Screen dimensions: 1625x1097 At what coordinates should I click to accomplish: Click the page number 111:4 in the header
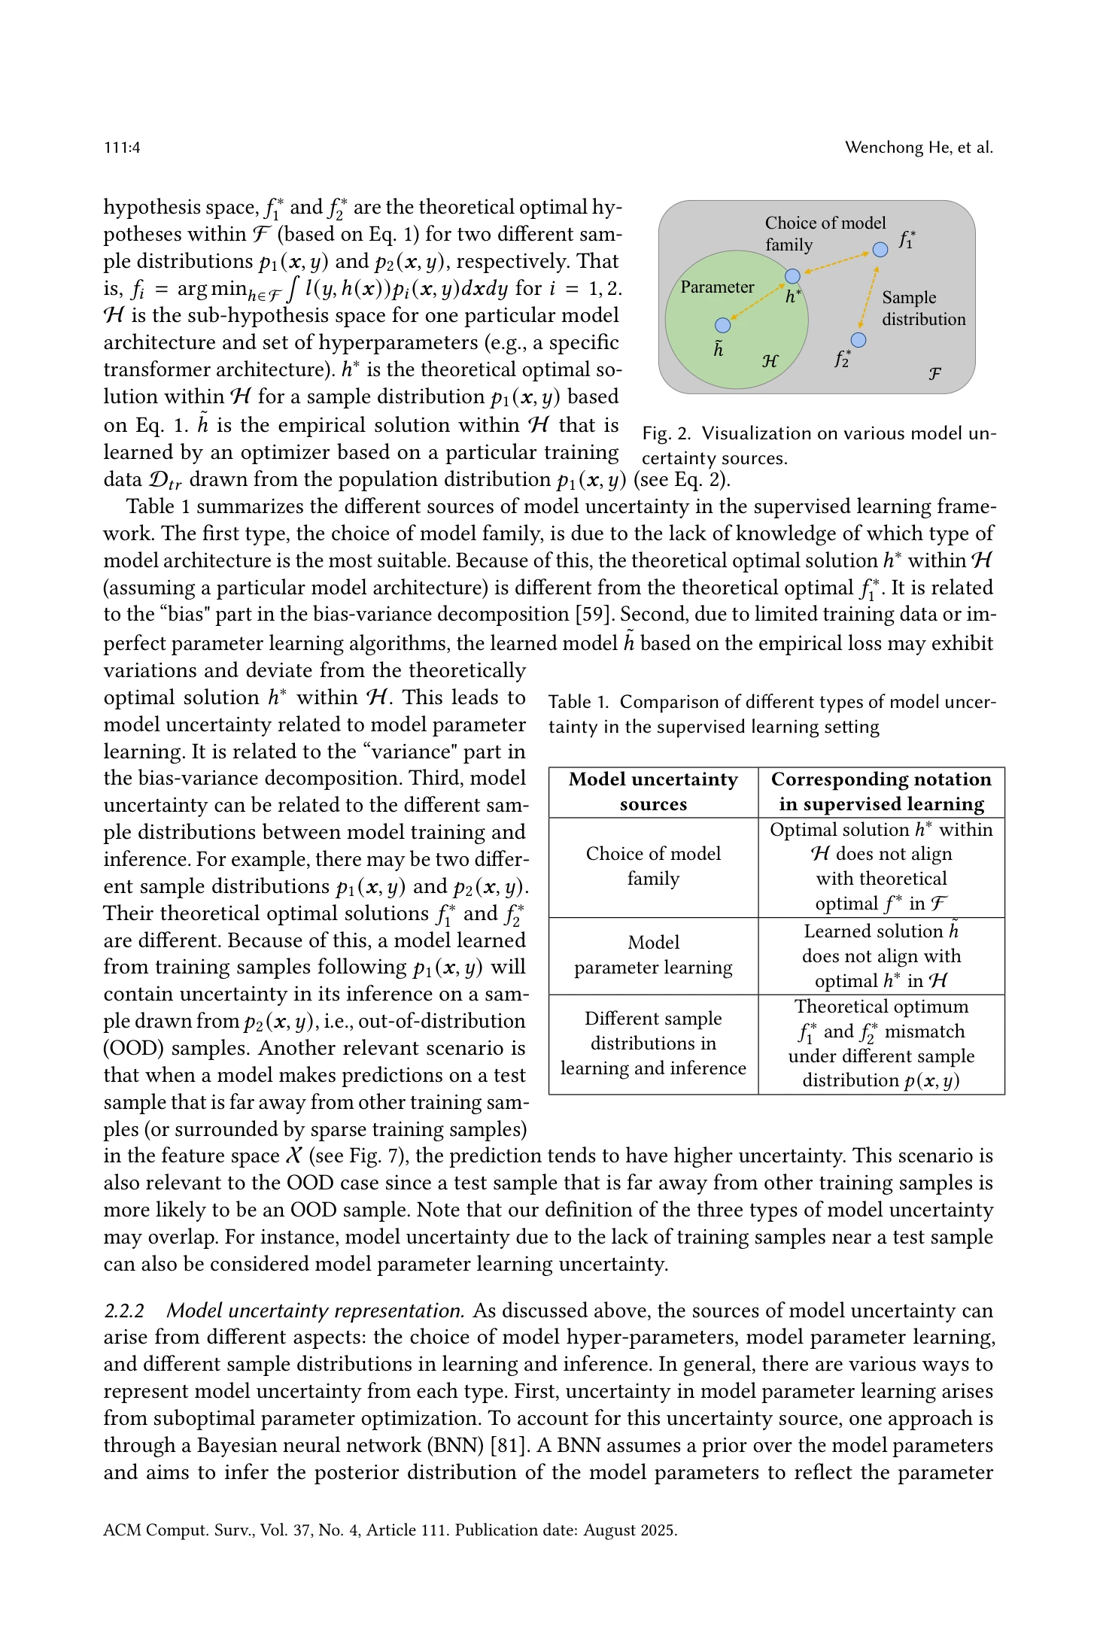[x=122, y=147]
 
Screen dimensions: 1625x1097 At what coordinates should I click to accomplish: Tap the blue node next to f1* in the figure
[x=880, y=249]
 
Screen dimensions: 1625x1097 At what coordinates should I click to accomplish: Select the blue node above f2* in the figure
[x=858, y=340]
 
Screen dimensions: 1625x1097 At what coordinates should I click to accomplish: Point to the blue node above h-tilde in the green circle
[x=722, y=325]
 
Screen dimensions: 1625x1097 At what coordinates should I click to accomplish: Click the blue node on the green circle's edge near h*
[x=792, y=276]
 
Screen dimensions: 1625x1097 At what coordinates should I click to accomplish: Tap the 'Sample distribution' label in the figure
[x=923, y=308]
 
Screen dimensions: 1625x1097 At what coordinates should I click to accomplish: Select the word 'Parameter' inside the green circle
[x=716, y=287]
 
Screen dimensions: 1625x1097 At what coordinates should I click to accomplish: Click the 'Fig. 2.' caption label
[x=666, y=434]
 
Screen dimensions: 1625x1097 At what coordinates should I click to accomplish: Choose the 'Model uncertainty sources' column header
[x=653, y=791]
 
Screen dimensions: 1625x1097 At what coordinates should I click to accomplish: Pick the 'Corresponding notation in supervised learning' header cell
[x=881, y=791]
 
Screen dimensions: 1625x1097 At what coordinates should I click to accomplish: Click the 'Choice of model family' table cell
[x=653, y=866]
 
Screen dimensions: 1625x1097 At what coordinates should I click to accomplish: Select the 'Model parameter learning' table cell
[x=653, y=955]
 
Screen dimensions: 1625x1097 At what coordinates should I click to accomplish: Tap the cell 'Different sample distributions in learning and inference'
[x=653, y=1043]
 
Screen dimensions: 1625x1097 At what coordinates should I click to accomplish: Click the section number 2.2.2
[x=123, y=1311]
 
